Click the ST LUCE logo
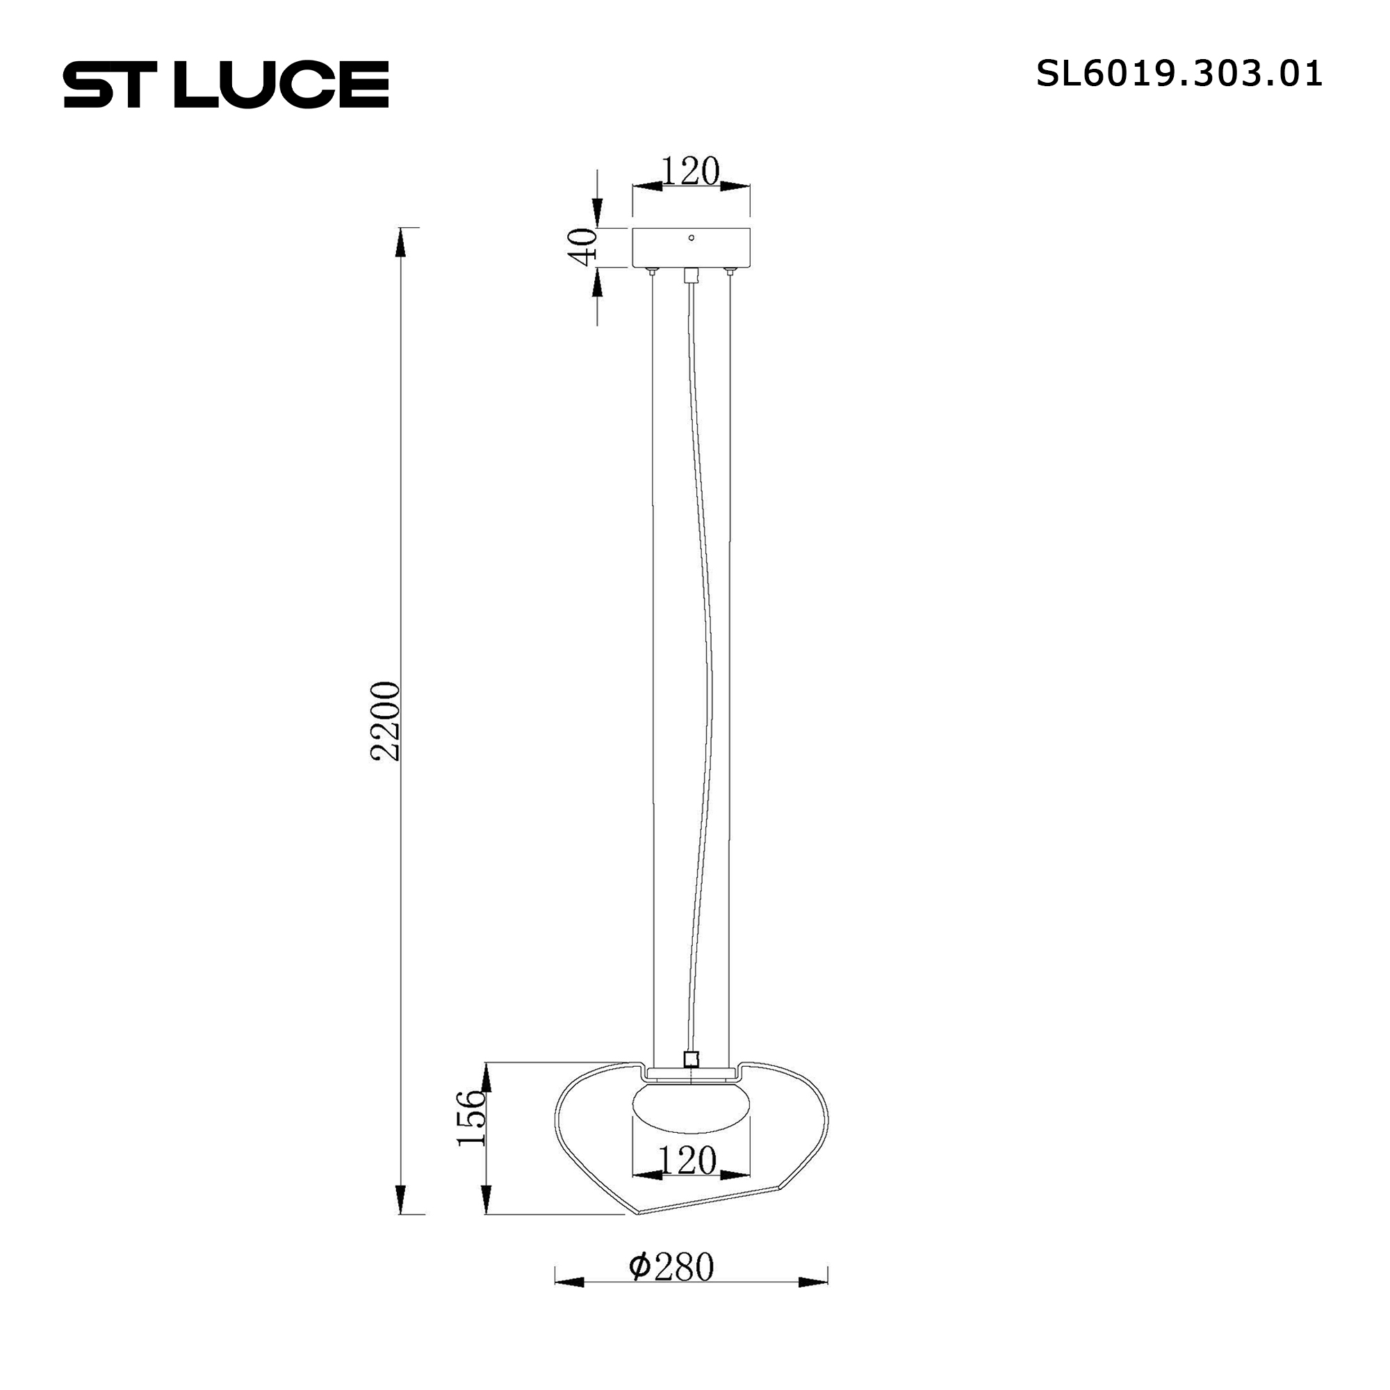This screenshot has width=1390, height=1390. click(x=226, y=84)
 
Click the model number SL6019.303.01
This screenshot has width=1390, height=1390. click(x=1179, y=74)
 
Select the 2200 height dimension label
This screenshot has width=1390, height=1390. click(x=384, y=721)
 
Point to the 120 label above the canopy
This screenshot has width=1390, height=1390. click(x=690, y=171)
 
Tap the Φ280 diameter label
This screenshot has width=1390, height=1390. click(x=671, y=1267)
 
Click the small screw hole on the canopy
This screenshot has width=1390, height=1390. click(x=692, y=238)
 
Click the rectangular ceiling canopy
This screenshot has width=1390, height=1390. click(x=691, y=248)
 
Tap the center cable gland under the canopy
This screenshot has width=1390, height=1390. click(x=691, y=275)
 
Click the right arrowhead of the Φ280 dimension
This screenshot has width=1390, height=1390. click(x=813, y=1282)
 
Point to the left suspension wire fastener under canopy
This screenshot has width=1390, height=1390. click(x=652, y=272)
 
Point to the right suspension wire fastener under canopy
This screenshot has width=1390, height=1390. click(x=730, y=272)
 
